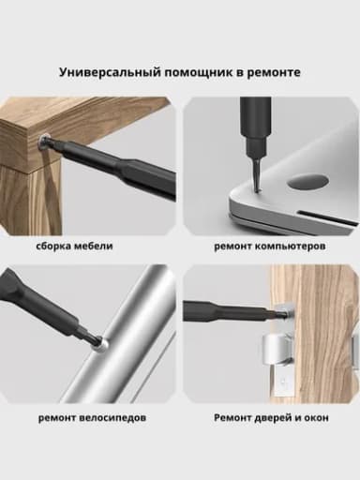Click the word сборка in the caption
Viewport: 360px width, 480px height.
tap(53, 246)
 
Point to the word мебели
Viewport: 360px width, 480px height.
tap(94, 246)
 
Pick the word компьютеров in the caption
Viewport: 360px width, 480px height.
tap(291, 247)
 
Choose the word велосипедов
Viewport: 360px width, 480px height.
tap(112, 418)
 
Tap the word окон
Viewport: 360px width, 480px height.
tap(316, 418)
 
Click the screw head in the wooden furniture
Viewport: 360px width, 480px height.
tap(42, 142)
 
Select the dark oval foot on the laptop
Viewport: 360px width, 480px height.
tap(307, 182)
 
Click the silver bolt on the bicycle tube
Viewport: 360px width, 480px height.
tap(101, 346)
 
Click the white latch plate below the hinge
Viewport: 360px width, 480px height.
tap(284, 382)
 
